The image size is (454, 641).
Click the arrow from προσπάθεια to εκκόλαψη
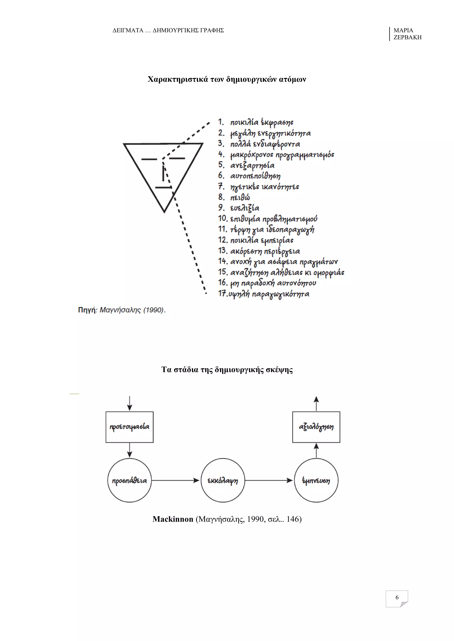pos(176,480)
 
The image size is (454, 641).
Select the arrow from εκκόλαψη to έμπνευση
pos(269,480)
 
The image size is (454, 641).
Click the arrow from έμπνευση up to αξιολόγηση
pos(316,451)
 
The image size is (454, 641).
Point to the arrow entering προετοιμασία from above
pos(129,403)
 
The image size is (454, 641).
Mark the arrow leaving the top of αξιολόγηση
pos(316,404)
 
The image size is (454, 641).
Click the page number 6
pos(397,597)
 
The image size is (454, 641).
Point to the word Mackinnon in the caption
pos(173,519)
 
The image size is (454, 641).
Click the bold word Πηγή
pos(87,310)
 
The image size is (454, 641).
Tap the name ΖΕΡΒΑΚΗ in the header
pos(408,37)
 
